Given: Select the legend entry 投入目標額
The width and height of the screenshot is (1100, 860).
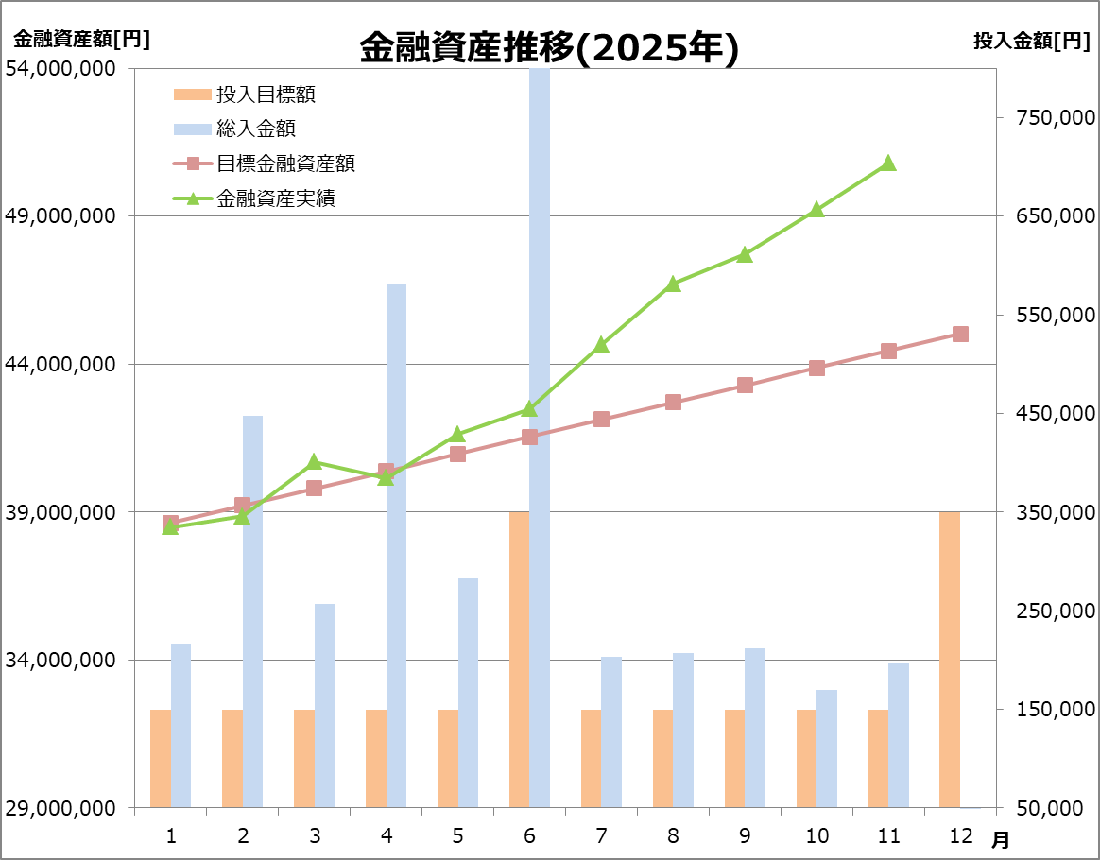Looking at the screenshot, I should pos(266,95).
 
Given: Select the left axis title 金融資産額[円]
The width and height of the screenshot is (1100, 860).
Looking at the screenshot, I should pos(81,40).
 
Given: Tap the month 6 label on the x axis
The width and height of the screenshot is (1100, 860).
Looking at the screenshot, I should pos(529,835).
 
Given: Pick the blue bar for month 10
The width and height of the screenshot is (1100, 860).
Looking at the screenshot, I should pos(827,748).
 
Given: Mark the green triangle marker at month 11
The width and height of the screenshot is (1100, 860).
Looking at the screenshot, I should pos(888,163).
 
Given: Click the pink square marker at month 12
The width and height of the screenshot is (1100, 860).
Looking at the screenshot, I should pos(960,334).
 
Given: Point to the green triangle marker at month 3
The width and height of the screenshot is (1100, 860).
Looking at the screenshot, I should pos(315,462).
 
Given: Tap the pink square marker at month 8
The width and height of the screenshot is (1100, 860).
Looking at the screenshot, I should pos(673,402).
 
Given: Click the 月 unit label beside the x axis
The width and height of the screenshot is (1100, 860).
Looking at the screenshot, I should pos(1000,838).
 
